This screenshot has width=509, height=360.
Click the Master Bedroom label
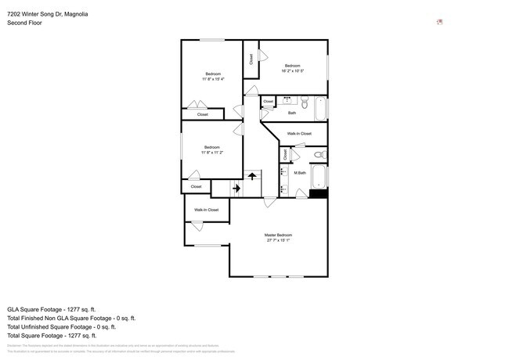(x=278, y=235)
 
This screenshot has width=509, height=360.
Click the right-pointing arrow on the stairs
(x=235, y=187)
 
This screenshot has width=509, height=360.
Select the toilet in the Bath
(x=305, y=101)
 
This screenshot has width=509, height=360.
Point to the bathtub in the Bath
(x=321, y=109)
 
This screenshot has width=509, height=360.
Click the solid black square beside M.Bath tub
(x=318, y=193)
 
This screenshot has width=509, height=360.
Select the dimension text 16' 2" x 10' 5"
(x=293, y=71)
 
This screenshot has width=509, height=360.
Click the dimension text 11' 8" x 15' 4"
(x=213, y=79)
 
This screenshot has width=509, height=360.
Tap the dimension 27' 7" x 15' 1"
(x=278, y=241)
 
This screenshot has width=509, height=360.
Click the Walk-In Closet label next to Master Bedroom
(x=206, y=210)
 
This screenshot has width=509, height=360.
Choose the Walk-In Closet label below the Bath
(x=299, y=134)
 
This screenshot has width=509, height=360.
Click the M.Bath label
(x=300, y=173)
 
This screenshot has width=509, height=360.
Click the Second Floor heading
(x=25, y=23)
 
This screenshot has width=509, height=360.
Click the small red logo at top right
(x=440, y=22)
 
